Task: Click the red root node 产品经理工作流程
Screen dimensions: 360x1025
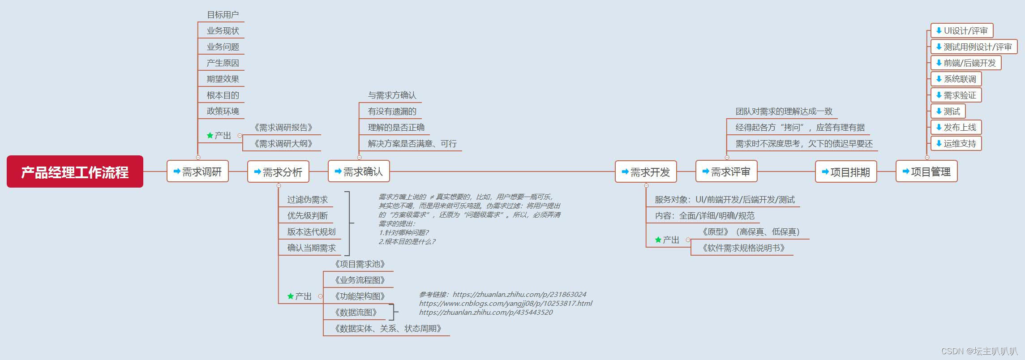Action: click(75, 172)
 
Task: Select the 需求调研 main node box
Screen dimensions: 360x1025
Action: click(197, 171)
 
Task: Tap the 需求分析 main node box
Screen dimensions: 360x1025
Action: click(278, 172)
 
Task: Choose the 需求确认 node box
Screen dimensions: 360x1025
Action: click(359, 171)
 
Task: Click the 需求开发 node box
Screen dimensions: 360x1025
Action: click(646, 172)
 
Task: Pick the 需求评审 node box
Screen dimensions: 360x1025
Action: click(726, 171)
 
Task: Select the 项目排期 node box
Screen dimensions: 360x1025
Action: click(846, 172)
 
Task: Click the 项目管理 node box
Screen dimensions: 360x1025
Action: click(926, 171)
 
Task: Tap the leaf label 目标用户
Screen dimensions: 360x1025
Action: click(223, 15)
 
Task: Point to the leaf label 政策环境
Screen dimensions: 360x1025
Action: click(223, 111)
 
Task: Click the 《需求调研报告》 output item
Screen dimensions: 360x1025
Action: click(283, 128)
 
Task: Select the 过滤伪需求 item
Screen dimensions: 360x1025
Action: click(307, 200)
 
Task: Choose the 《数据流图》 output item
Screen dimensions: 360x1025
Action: click(356, 313)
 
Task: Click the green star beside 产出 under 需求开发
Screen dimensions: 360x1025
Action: click(658, 240)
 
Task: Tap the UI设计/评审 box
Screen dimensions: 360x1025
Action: click(961, 31)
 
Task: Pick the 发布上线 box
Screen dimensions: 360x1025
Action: click(956, 127)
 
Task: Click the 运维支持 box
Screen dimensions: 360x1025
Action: click(956, 144)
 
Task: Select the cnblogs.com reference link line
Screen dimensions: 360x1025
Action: click(505, 304)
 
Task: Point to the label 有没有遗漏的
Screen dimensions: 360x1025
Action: click(392, 111)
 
